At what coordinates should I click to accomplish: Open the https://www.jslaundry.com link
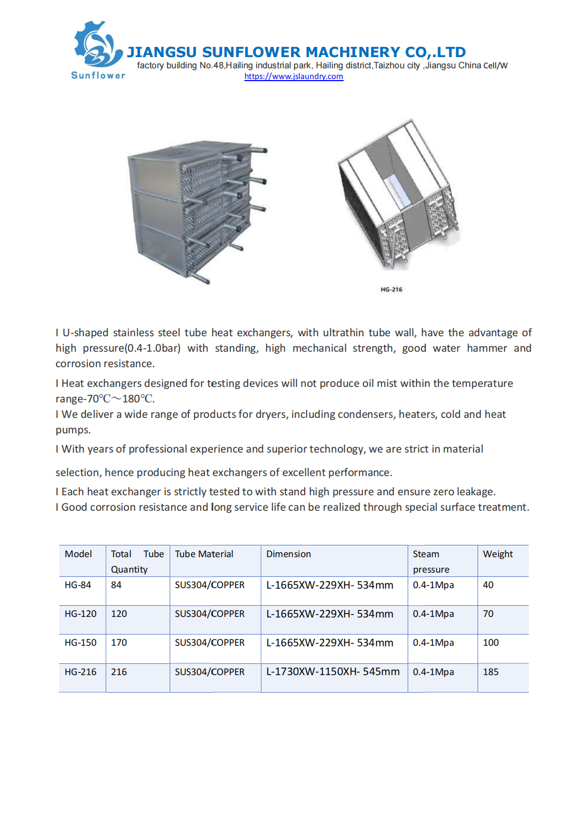[x=293, y=76]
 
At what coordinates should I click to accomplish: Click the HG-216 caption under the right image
[x=391, y=289]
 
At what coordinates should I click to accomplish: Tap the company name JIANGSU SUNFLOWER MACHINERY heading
[x=296, y=52]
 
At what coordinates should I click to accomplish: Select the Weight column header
[x=497, y=554]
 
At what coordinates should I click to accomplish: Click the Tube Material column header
[x=204, y=554]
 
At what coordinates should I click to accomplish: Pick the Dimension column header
[x=288, y=554]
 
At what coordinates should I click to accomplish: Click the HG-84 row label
[x=78, y=585]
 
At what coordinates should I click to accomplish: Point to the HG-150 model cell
[x=81, y=643]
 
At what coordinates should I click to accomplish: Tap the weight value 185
[x=490, y=672]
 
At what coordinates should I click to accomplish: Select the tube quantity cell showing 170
[x=119, y=643]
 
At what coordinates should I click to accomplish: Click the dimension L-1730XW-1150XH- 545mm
[x=333, y=672]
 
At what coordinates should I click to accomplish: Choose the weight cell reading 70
[x=488, y=614]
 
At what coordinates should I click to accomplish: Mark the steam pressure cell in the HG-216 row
[x=433, y=672]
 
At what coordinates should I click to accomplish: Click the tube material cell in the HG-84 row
[x=210, y=585]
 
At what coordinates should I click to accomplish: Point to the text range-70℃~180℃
[x=105, y=399]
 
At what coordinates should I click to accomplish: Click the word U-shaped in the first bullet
[x=85, y=332]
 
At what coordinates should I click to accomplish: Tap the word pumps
[x=73, y=430]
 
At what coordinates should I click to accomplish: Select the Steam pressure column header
[x=431, y=561]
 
